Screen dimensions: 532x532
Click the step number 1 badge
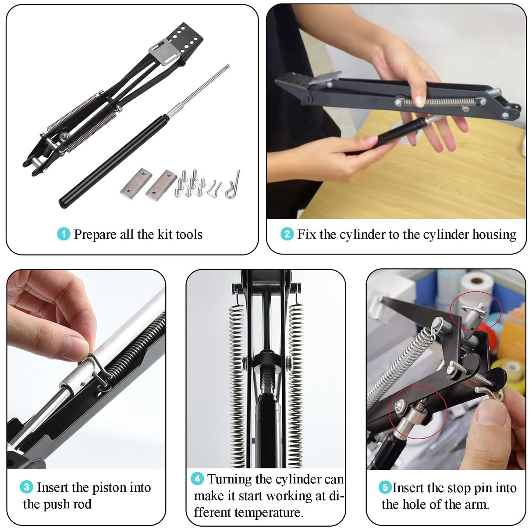(x=64, y=234)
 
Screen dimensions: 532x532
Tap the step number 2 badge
(x=287, y=234)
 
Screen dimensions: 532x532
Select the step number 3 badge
(x=26, y=487)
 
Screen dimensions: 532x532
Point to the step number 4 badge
(x=197, y=479)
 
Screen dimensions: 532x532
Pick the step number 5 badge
(x=385, y=487)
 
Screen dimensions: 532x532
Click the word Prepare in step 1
(x=95, y=235)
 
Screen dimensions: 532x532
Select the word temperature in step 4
(x=269, y=513)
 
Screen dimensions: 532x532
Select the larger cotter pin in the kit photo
(x=233, y=185)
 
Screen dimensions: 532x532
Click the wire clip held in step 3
(x=99, y=370)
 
